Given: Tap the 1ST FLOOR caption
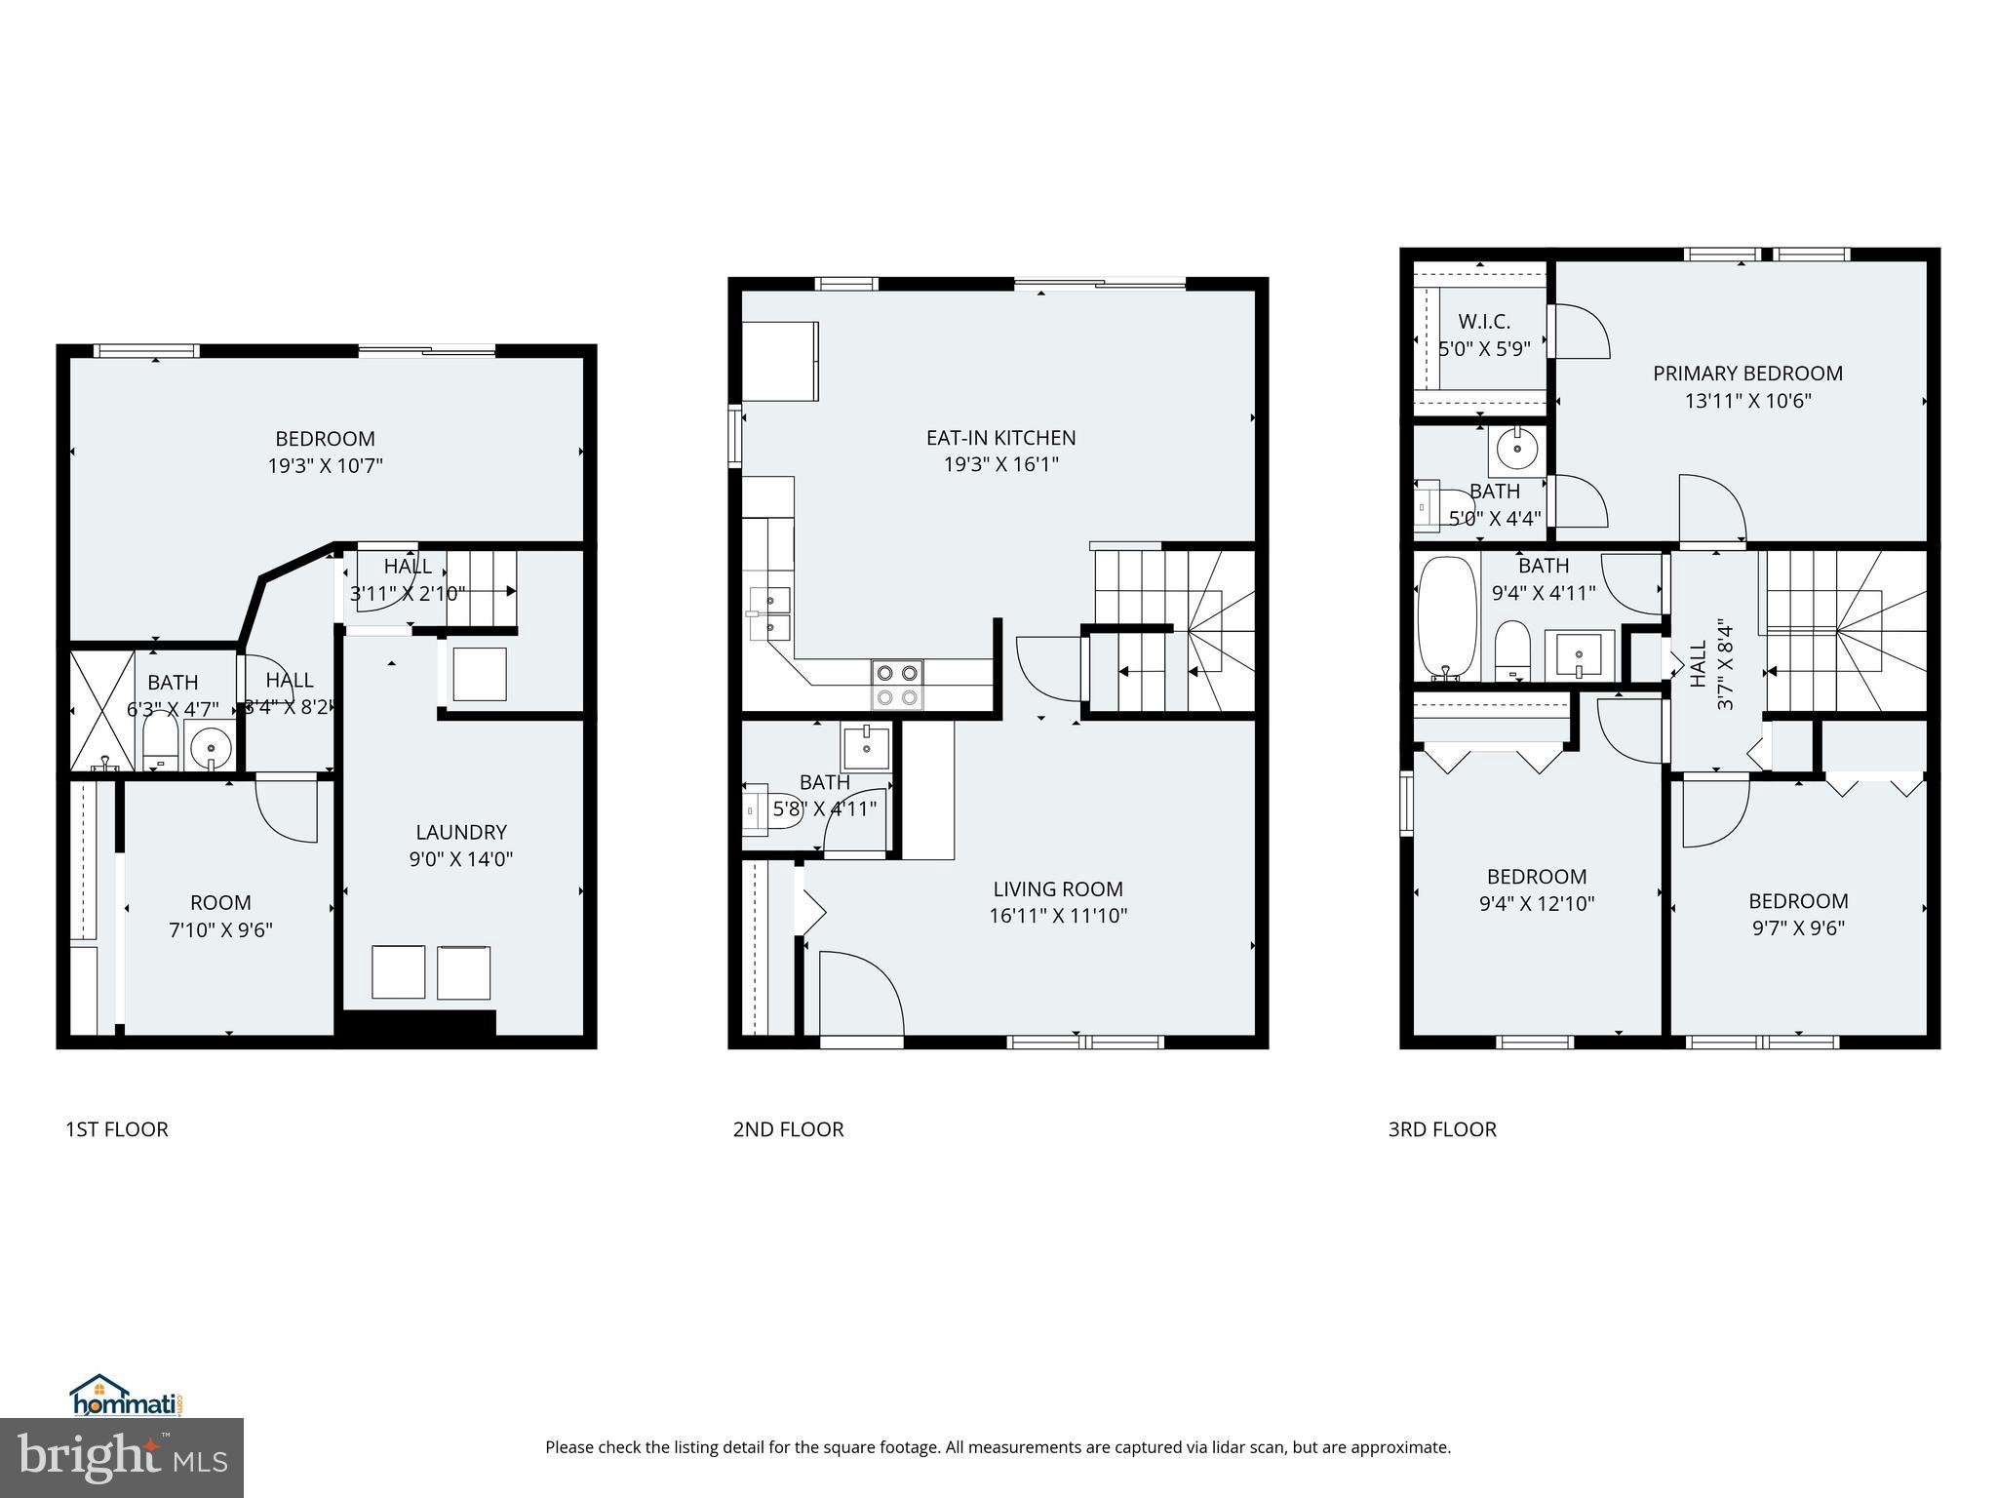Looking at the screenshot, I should (x=116, y=1129).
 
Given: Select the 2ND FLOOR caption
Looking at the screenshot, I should (x=788, y=1129).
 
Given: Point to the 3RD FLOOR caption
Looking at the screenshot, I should (x=1442, y=1129).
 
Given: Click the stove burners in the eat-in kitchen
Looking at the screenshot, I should (x=897, y=685).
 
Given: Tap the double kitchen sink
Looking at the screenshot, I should (x=769, y=613).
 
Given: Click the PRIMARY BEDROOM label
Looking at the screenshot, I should (x=1747, y=374).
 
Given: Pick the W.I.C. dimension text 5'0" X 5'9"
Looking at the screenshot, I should (x=1484, y=348).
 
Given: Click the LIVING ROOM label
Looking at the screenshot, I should (x=1058, y=888).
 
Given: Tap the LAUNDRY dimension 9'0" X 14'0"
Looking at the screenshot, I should (x=461, y=859).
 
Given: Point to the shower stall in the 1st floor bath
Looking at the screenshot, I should (x=102, y=709).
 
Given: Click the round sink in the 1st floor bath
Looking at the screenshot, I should (x=211, y=749).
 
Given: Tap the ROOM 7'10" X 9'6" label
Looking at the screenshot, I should (x=220, y=916).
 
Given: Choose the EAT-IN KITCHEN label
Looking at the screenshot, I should (x=1000, y=438).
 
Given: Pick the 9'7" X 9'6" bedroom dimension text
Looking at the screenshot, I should (x=1798, y=927).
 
